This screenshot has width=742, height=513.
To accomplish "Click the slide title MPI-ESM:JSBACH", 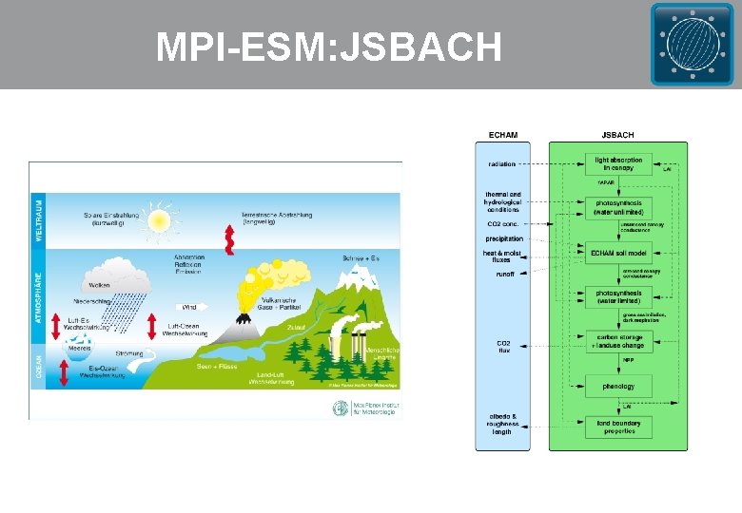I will [x=329, y=46].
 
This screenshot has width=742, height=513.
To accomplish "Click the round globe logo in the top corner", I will [x=693, y=44].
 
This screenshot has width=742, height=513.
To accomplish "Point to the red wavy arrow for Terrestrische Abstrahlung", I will [x=228, y=239].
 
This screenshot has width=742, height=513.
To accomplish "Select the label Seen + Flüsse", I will [x=218, y=367].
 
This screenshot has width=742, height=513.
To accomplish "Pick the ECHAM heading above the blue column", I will [x=503, y=135].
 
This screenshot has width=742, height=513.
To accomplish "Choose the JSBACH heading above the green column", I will [x=618, y=135].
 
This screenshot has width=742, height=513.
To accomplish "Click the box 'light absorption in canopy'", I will [x=618, y=163].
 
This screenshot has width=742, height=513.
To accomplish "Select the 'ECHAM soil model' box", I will [x=618, y=252].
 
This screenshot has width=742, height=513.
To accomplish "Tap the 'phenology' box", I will [x=618, y=387].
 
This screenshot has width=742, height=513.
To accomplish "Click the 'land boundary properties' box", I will [x=618, y=427].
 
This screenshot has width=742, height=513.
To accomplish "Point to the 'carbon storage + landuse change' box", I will [x=618, y=341].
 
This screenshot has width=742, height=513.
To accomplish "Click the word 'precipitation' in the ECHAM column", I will [x=503, y=238].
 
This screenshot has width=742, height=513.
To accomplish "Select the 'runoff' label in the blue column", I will [x=503, y=274].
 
